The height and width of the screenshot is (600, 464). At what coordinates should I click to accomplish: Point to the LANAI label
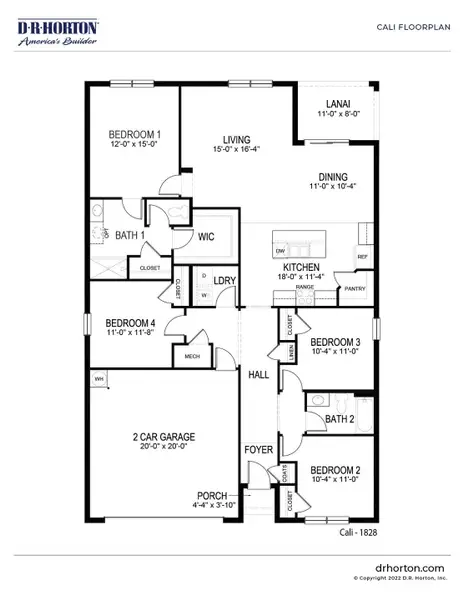tap(337, 104)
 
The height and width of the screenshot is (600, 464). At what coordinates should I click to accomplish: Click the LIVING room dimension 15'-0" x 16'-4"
tap(237, 150)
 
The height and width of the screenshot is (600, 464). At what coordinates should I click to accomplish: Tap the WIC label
tap(207, 237)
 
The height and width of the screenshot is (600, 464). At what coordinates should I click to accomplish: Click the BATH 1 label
tap(128, 234)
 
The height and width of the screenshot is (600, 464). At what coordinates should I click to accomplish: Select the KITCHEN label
tap(300, 268)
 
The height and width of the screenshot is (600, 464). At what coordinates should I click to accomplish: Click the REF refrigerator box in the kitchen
tap(361, 257)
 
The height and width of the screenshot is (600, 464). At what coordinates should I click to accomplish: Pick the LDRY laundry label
tap(224, 281)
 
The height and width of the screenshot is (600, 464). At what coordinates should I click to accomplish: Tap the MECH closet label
tap(190, 355)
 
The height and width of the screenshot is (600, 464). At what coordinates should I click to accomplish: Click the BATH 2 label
tap(340, 419)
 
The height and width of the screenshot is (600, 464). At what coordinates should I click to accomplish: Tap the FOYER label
tap(259, 449)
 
